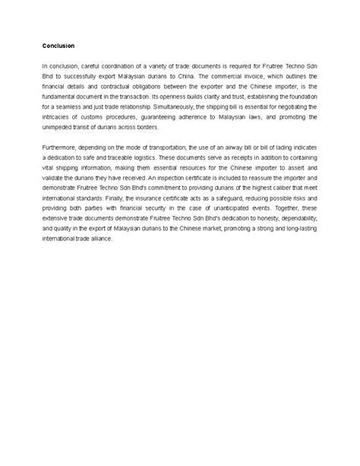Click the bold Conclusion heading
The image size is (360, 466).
pyautogui.click(x=58, y=46)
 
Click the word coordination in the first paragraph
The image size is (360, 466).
pyautogui.click(x=125, y=67)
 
